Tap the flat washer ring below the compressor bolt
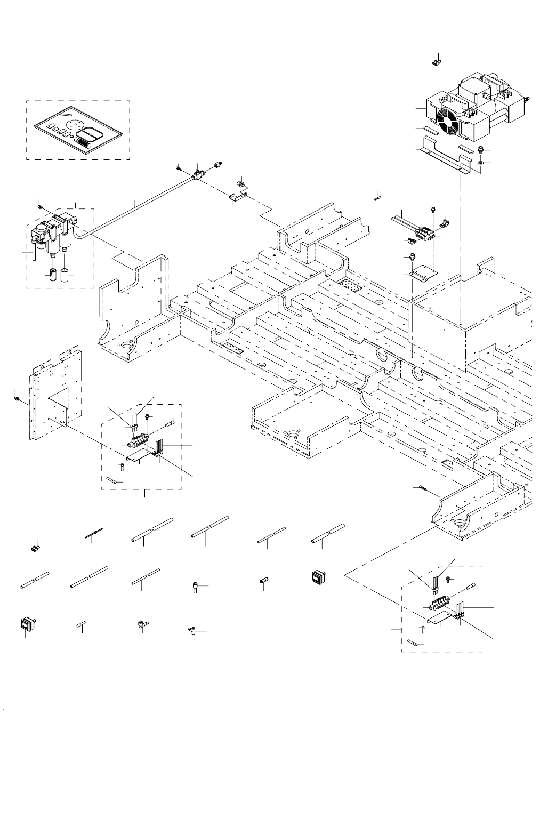point(481,162)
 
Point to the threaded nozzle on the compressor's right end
point(528,99)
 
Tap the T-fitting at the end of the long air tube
point(198,173)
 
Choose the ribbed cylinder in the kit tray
point(84,143)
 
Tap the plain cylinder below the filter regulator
point(65,275)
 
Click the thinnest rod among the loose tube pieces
point(93,534)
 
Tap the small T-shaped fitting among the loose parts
point(193,631)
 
